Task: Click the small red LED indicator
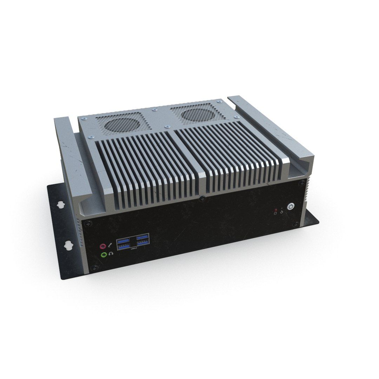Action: pyautogui.click(x=276, y=210)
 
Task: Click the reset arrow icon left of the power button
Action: pyautogui.click(x=281, y=212)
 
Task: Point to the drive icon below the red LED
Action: pyautogui.click(x=275, y=213)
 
